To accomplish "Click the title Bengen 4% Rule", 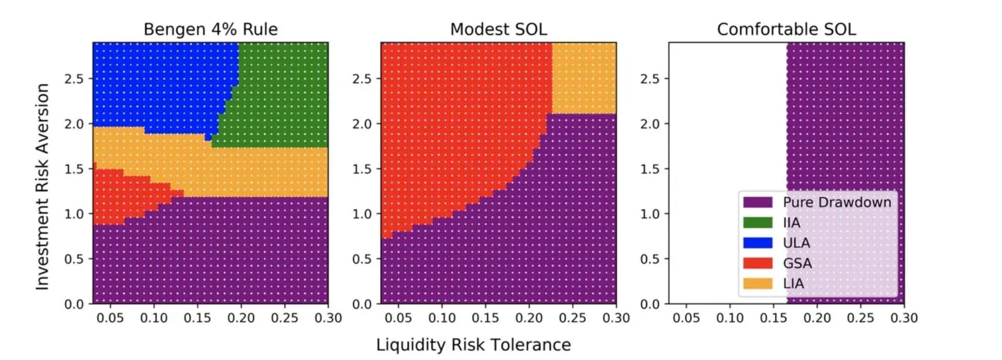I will pos(210,29).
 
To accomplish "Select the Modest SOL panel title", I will pos(498,29).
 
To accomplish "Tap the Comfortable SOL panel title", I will pos(786,29).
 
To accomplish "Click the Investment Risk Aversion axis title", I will pos(43,173).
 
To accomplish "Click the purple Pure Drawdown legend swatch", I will pos(755,202).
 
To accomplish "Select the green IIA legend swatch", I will pos(755,222).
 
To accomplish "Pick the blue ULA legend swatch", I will pos(755,243).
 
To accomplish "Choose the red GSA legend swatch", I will pos(755,263).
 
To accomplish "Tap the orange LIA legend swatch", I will pos(755,283).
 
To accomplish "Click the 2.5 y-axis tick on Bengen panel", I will pos(76,79).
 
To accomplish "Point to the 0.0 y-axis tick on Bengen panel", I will pos(76,304).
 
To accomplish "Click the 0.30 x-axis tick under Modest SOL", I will pos(616,318).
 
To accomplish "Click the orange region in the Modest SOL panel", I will pos(584,78).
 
